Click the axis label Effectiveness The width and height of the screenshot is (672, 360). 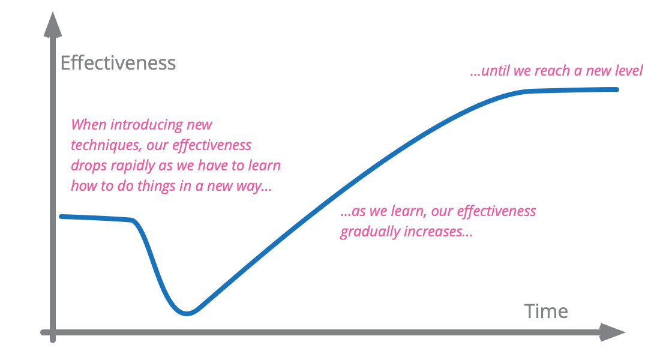point(118,63)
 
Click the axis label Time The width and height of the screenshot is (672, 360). point(546,311)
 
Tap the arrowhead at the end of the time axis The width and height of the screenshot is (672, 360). point(612,332)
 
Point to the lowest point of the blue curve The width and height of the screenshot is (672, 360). point(187,313)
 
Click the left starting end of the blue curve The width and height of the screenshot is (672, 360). point(61,217)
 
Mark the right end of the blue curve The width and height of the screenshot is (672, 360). point(617,89)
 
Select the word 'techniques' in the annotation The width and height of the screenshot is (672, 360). point(106,145)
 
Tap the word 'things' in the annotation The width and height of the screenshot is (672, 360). point(157,187)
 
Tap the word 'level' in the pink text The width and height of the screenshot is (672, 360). point(629,71)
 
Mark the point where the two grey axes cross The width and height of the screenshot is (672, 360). point(53,332)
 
